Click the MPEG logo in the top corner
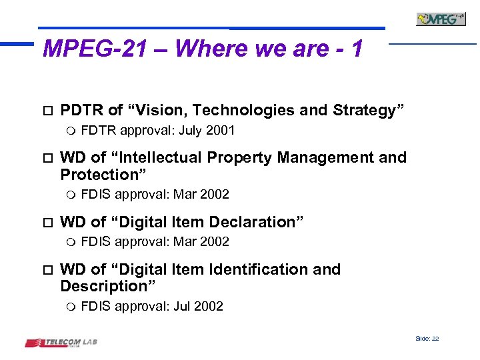coord(441,19)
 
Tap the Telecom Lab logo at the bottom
coord(61,343)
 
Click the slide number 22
coord(435,339)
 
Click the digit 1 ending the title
coord(357,49)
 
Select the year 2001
coord(220,131)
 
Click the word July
coord(191,131)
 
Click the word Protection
coord(103,175)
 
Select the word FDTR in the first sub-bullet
coord(97,131)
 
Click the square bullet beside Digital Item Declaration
coord(45,222)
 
